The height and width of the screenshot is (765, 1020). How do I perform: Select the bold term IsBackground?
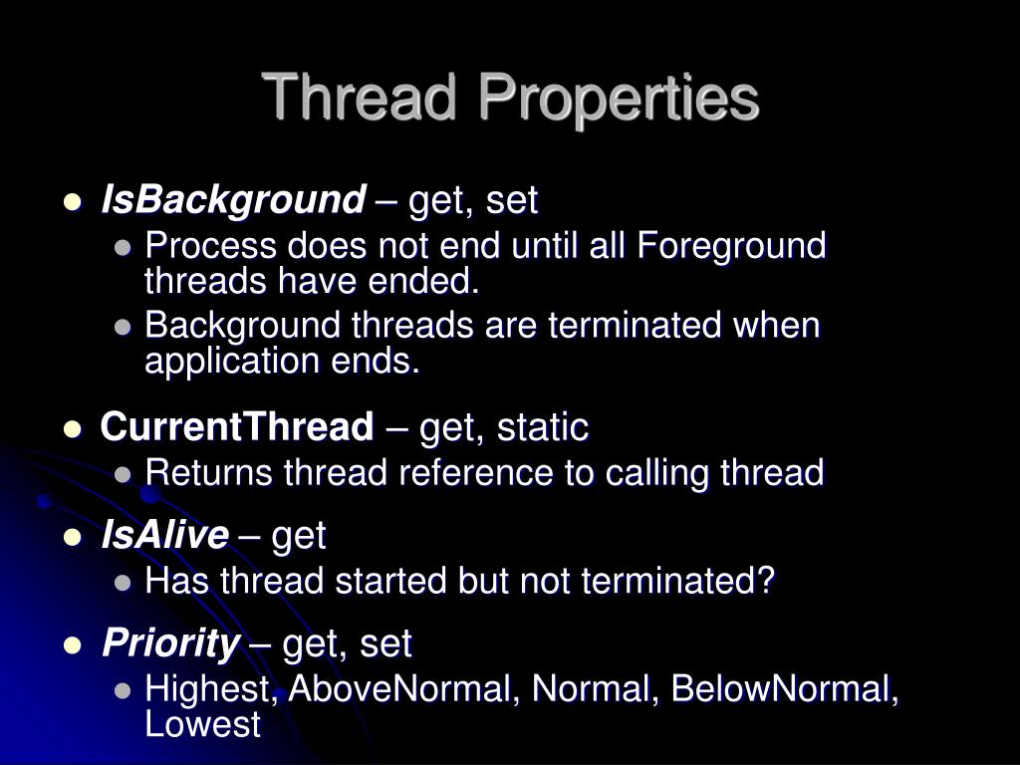(x=233, y=200)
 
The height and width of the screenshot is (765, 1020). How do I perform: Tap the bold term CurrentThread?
(x=236, y=427)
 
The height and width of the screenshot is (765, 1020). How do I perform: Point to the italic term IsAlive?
(x=164, y=536)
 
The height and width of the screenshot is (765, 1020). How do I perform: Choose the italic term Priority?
(x=170, y=644)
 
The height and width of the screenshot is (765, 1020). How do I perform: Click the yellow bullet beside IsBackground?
(x=72, y=202)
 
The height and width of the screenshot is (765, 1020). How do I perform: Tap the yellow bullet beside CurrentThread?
(x=72, y=429)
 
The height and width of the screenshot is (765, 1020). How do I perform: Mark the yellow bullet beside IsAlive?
(x=72, y=538)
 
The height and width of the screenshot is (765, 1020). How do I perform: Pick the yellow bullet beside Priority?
(x=72, y=646)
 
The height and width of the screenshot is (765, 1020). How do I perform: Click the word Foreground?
(x=731, y=245)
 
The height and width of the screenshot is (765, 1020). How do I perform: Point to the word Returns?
(x=208, y=473)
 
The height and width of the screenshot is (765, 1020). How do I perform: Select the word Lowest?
(x=202, y=724)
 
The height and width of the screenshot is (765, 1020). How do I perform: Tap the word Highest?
(x=212, y=688)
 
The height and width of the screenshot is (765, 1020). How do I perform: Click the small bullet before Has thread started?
(x=124, y=583)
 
